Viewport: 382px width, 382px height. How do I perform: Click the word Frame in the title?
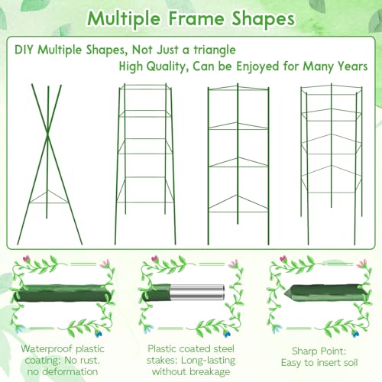pyautogui.click(x=196, y=18)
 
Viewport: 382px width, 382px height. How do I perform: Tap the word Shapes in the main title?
pyautogui.click(x=264, y=19)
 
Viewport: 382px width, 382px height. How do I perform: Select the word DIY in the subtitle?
pyautogui.click(x=24, y=50)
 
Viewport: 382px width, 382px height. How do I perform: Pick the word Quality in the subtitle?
pyautogui.click(x=167, y=67)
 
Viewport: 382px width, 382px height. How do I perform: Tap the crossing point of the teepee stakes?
pyautogui.click(x=47, y=135)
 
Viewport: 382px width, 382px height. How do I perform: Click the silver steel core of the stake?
pyautogui.click(x=198, y=292)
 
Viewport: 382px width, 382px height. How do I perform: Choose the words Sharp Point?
pyautogui.click(x=319, y=351)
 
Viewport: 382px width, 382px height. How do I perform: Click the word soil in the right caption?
pyautogui.click(x=348, y=362)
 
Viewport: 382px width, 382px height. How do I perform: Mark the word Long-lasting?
pyautogui.click(x=209, y=361)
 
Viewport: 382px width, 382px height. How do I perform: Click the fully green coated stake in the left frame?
pyautogui.click(x=63, y=293)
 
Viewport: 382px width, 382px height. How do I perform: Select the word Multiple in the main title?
pyautogui.click(x=124, y=20)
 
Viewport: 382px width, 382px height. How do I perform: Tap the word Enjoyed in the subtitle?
pyautogui.click(x=257, y=67)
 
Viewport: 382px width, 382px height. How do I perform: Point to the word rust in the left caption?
pyautogui.click(x=89, y=361)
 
